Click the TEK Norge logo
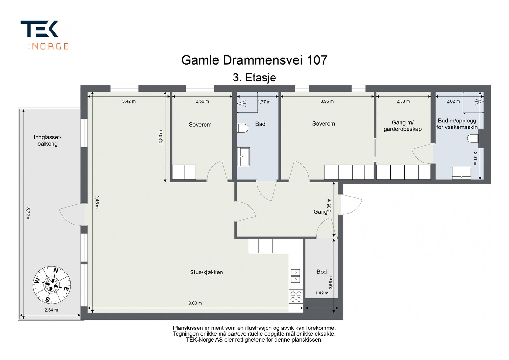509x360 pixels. point(44,35)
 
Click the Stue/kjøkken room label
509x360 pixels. point(206,272)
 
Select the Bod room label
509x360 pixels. point(322,272)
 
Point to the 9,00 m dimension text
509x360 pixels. point(195,303)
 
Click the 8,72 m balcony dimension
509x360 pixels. point(28,214)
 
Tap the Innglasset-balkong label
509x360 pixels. point(47,141)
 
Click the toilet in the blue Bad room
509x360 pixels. point(242,128)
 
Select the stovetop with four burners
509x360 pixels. point(296,297)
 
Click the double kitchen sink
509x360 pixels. point(296,276)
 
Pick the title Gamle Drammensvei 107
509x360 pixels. point(254,60)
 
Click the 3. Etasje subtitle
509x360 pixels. point(254,78)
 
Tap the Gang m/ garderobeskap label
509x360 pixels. point(402,126)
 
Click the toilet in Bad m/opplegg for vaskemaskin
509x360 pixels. point(473,138)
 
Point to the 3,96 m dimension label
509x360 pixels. point(327,101)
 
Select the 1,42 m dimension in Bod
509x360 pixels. point(322,293)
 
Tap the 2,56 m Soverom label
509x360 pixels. point(202,101)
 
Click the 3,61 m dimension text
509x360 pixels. point(475,158)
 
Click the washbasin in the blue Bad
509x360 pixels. point(243,156)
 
